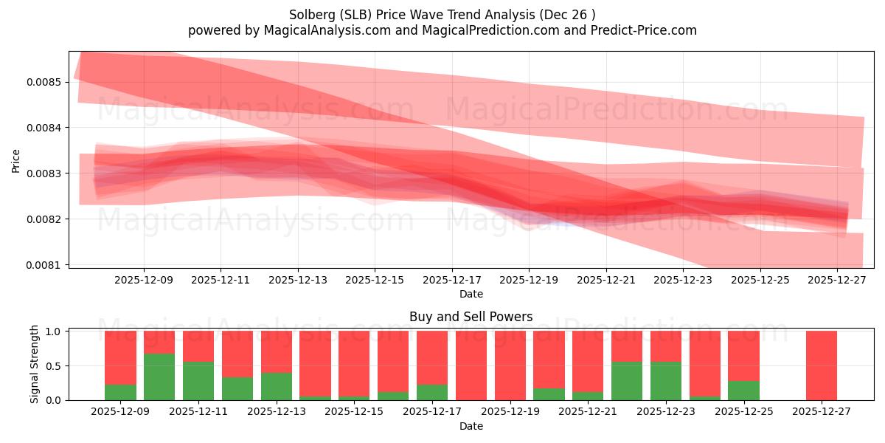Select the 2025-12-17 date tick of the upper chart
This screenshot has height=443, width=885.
(x=451, y=280)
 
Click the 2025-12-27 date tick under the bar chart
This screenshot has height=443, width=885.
(x=821, y=411)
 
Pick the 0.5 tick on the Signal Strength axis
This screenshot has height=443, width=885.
(x=53, y=366)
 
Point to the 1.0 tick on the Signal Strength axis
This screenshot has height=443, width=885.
(x=53, y=332)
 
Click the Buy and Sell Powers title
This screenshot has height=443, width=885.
(x=471, y=317)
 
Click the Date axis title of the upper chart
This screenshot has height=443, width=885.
(x=471, y=294)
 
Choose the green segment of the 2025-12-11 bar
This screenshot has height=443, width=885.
(x=198, y=381)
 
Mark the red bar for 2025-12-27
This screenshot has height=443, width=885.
(x=821, y=365)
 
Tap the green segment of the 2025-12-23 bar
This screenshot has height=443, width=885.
(x=666, y=381)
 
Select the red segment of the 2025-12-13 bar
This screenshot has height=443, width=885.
(x=277, y=351)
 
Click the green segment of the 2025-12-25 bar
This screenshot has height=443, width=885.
(x=743, y=391)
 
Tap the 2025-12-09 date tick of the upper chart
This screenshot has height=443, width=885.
(x=144, y=280)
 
